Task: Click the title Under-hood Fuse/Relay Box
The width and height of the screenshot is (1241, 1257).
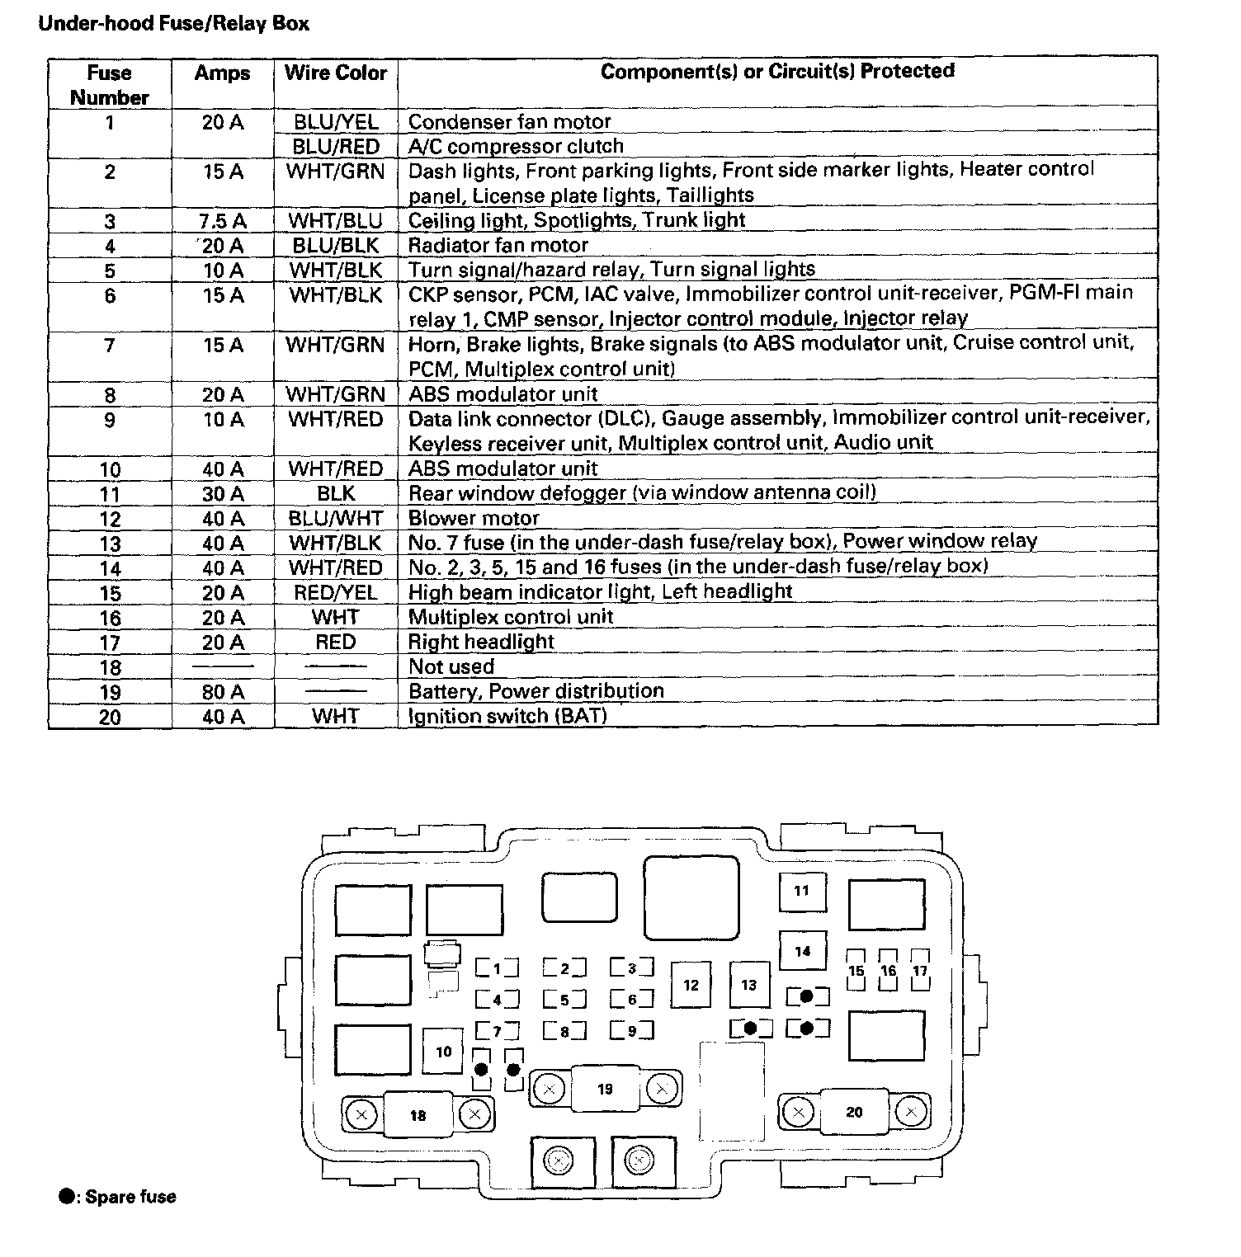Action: click(174, 23)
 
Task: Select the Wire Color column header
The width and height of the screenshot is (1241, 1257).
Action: click(335, 73)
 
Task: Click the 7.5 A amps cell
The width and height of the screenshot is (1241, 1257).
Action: click(223, 221)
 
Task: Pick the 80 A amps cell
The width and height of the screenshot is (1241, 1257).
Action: click(223, 692)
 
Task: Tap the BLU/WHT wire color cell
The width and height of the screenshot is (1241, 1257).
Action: click(335, 519)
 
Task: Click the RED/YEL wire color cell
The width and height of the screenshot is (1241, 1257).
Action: click(335, 593)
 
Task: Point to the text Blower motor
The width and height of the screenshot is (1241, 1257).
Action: click(474, 519)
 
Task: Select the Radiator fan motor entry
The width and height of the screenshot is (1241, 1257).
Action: click(498, 246)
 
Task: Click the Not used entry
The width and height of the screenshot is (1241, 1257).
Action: click(451, 667)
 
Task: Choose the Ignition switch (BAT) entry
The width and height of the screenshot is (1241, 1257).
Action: click(507, 716)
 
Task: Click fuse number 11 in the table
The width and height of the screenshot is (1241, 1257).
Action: click(110, 495)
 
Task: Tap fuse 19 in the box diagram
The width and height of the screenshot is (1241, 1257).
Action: click(605, 1090)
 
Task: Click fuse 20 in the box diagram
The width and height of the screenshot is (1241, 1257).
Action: click(854, 1113)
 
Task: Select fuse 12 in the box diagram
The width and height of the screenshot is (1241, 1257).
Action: click(691, 985)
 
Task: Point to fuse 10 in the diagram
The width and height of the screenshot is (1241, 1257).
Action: click(444, 1052)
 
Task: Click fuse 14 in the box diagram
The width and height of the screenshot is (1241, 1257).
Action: click(802, 952)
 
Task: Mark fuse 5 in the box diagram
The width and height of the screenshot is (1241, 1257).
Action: click(565, 1000)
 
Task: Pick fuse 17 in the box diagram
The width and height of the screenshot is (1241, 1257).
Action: click(920, 971)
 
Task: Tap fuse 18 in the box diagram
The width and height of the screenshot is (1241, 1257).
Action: click(418, 1116)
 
